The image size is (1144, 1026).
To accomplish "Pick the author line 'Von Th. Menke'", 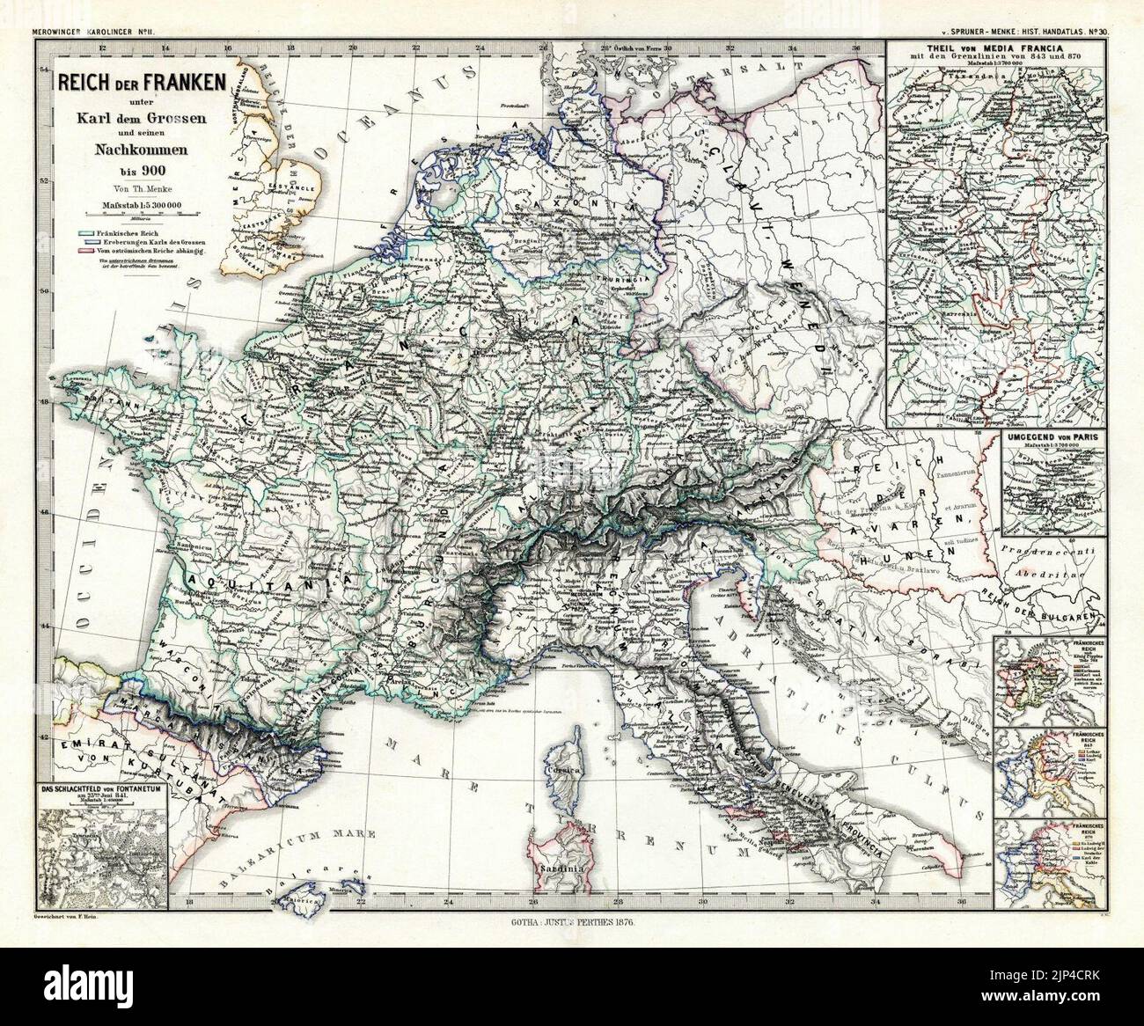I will (136, 187).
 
